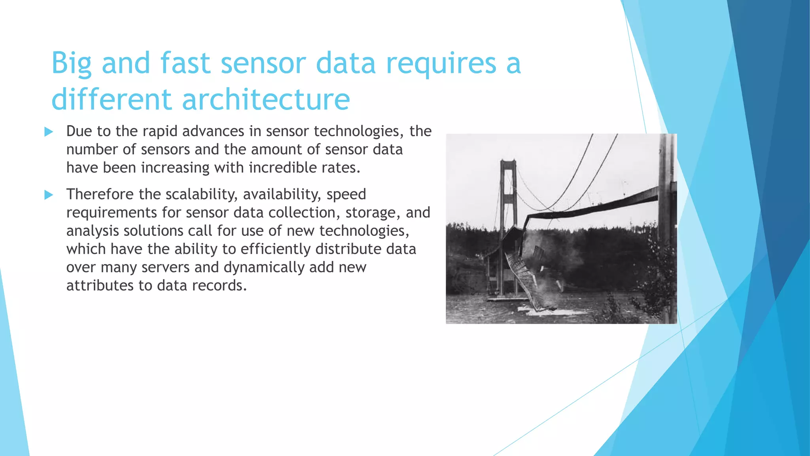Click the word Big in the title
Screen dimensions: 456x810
[72, 64]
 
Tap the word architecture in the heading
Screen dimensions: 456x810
[266, 99]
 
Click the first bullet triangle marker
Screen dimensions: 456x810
[49, 132]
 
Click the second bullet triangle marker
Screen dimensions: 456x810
[49, 195]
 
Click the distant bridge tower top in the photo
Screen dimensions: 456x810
[508, 163]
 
